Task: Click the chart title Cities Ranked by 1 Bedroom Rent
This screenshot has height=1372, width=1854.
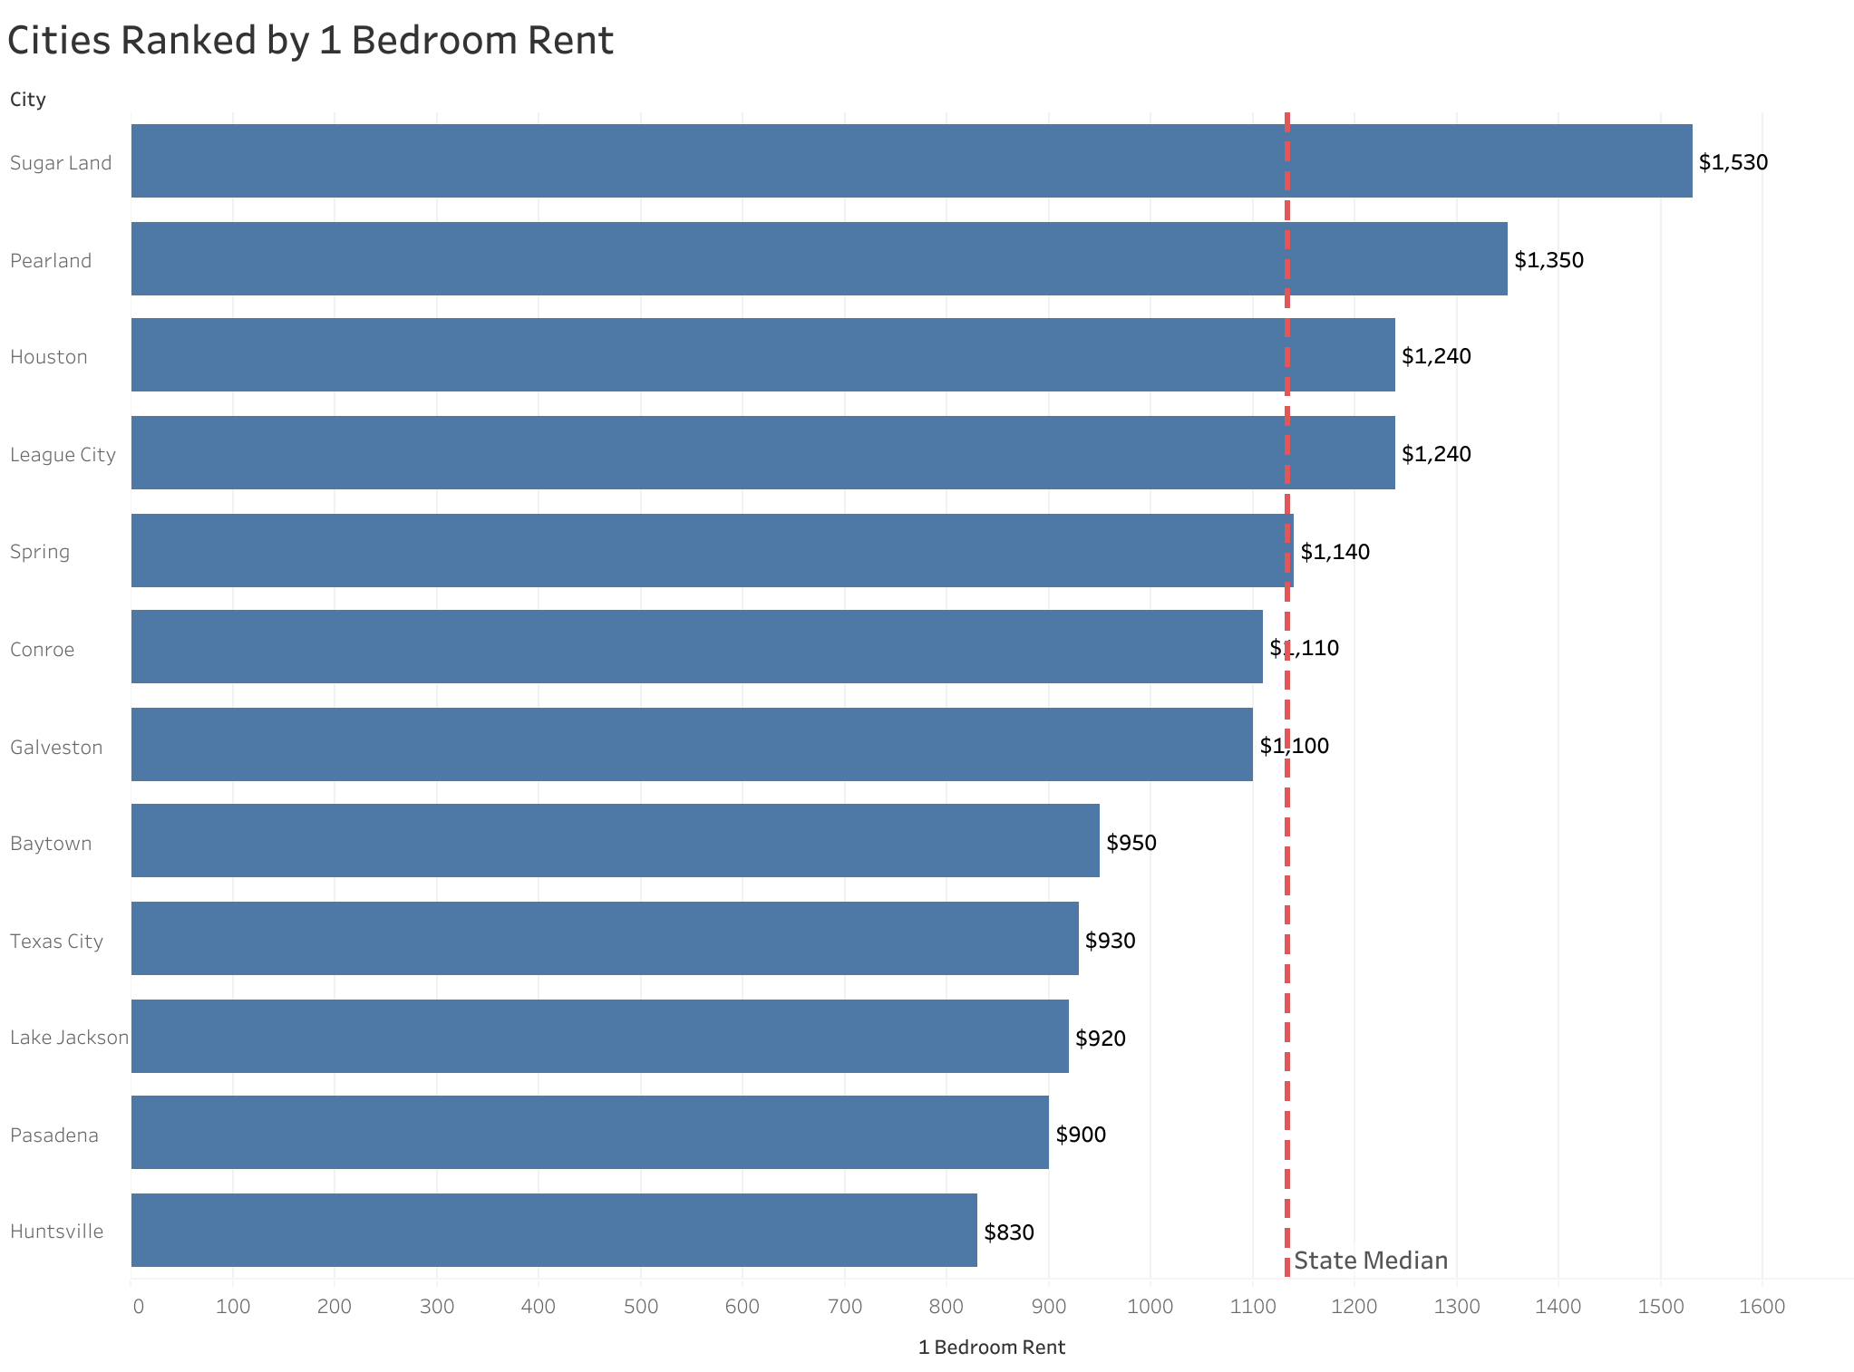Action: (310, 42)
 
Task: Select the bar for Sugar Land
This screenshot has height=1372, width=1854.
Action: (911, 161)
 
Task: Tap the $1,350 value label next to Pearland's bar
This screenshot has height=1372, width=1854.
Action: (1548, 261)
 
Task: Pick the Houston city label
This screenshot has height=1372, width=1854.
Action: (49, 357)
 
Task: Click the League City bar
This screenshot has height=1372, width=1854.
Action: (762, 453)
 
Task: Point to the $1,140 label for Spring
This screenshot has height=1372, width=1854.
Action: (1335, 552)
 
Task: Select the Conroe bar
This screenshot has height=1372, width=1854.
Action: (696, 647)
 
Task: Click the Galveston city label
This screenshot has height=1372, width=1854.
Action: (56, 748)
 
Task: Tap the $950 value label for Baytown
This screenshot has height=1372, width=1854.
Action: (1131, 844)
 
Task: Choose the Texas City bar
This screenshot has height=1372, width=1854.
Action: (605, 939)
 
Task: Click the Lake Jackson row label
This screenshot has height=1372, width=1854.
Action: (69, 1038)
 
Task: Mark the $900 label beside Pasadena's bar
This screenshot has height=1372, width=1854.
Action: (1081, 1135)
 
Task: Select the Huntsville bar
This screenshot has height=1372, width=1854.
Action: (554, 1231)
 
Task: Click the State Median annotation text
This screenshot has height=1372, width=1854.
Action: (1370, 1261)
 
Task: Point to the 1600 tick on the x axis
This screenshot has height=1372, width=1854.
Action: (1762, 1307)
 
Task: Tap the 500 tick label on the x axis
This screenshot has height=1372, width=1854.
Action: (640, 1307)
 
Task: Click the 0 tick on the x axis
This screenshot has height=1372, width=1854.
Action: (138, 1307)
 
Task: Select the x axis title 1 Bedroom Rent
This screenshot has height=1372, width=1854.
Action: (991, 1348)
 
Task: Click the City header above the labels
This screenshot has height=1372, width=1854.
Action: (28, 100)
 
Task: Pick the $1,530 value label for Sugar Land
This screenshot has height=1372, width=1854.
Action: (1733, 163)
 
